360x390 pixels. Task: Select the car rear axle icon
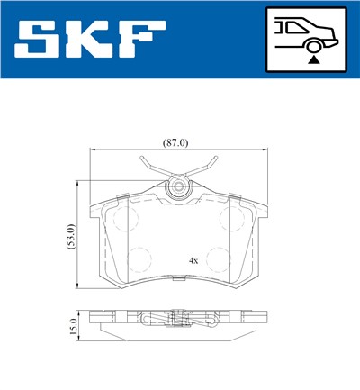pos(305,41)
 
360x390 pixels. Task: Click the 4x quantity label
pos(193,260)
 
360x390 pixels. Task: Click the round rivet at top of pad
pos(178,188)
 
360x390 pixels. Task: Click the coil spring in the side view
pos(177,317)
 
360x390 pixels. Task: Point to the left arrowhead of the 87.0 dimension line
pos(92,152)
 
